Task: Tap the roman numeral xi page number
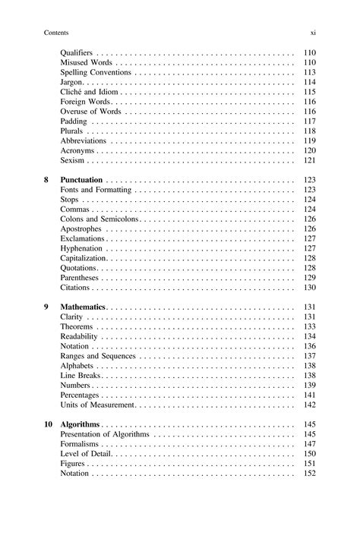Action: pyautogui.click(x=312, y=33)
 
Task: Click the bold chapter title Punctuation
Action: pyautogui.click(x=81, y=180)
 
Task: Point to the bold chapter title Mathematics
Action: pyautogui.click(x=83, y=307)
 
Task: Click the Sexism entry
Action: pyautogui.click(x=72, y=161)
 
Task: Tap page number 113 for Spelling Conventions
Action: pyautogui.click(x=309, y=72)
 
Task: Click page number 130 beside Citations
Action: pyautogui.click(x=309, y=288)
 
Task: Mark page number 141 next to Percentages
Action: pyautogui.click(x=309, y=395)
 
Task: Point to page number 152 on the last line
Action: pyautogui.click(x=309, y=474)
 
